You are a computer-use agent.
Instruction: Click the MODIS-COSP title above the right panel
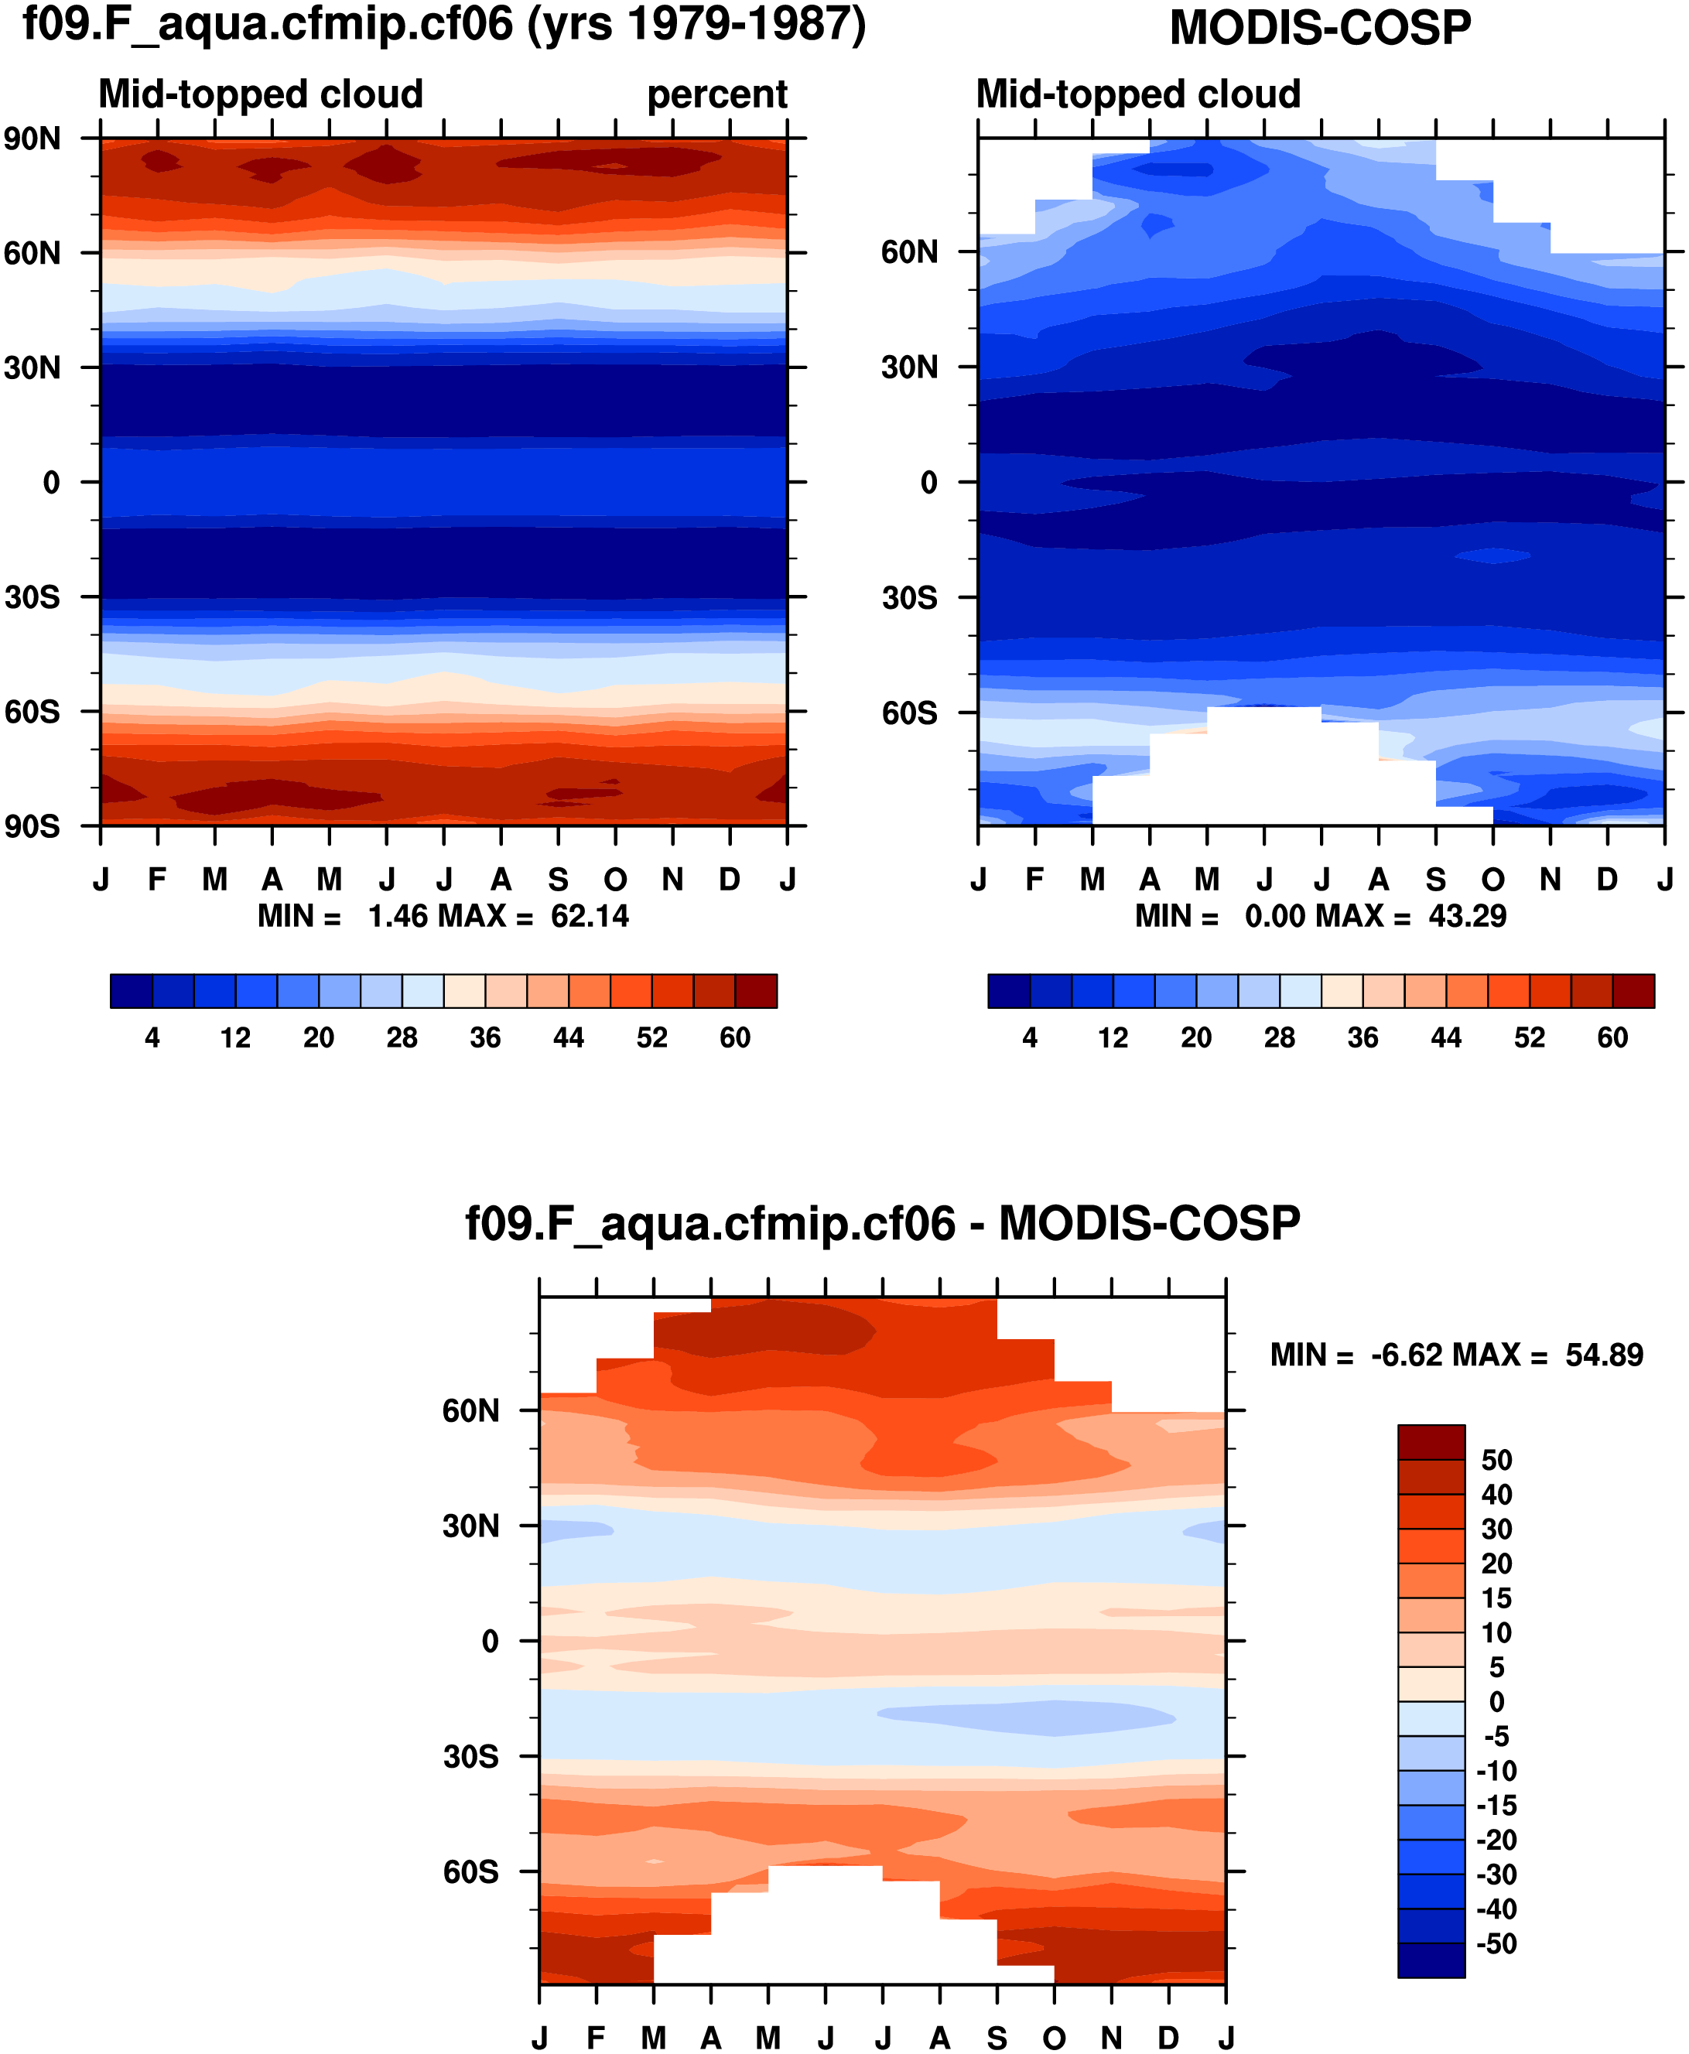1319,28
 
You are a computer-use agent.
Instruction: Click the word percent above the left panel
717,94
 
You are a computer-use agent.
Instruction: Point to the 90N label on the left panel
32,139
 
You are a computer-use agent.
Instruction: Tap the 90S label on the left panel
32,826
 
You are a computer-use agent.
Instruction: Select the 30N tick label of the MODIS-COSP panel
910,367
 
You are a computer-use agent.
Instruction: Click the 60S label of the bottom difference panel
471,1871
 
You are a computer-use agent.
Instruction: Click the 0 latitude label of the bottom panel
491,1642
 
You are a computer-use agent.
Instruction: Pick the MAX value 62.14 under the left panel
590,917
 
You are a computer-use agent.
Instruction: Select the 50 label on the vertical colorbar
1496,1460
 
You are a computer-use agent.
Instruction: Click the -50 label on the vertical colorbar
1496,1944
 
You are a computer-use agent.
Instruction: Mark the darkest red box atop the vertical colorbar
1431,1442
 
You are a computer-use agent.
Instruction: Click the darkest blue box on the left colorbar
132,990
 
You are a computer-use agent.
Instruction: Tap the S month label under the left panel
558,880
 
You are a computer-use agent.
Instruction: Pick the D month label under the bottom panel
1168,2038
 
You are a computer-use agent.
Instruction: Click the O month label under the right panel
1492,880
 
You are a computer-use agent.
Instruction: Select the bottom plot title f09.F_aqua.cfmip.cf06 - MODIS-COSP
883,1224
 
